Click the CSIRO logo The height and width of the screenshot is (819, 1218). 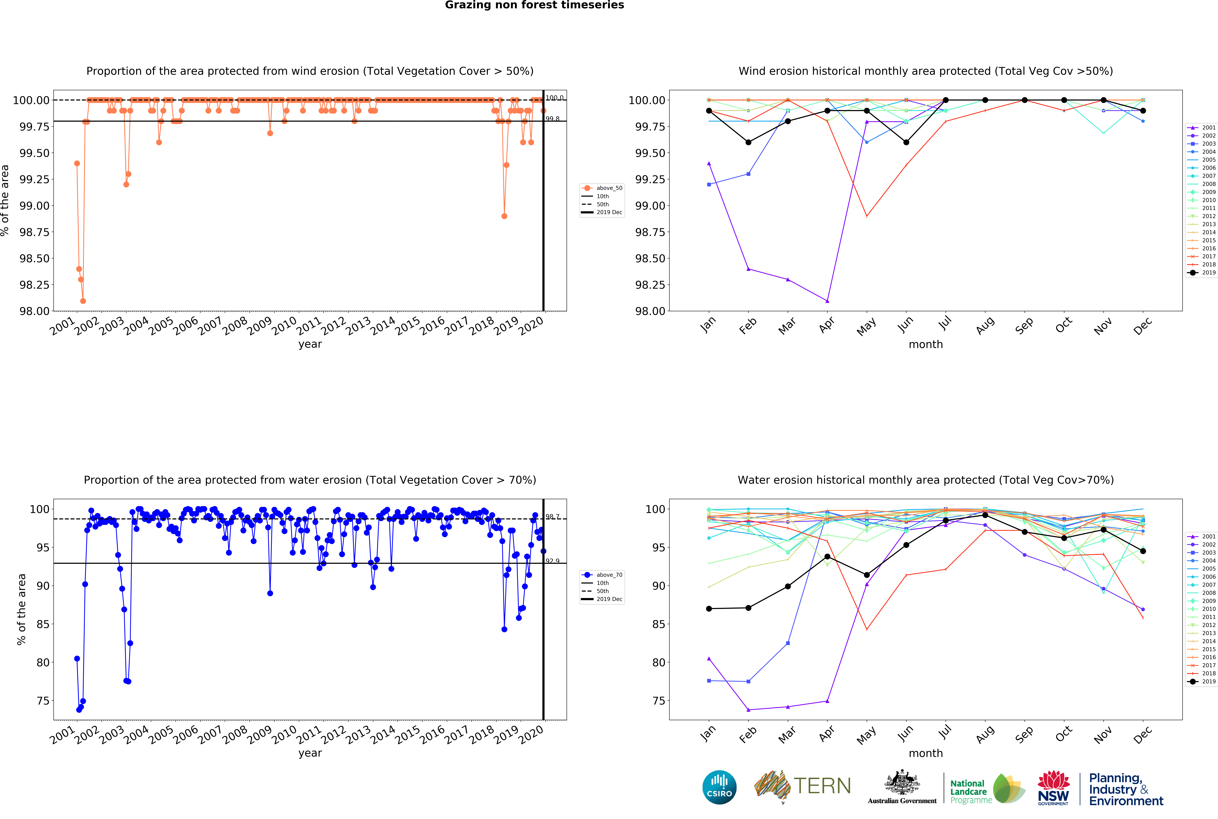[x=719, y=787]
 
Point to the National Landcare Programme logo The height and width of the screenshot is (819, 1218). [x=987, y=789]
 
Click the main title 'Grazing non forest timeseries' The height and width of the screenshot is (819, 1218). [x=534, y=5]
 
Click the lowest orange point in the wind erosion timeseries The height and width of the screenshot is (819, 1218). [x=83, y=301]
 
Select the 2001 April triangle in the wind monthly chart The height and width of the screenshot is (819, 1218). [x=827, y=301]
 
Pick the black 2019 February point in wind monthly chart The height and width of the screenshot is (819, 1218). [x=748, y=142]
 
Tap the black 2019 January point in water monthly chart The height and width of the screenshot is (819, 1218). [x=708, y=609]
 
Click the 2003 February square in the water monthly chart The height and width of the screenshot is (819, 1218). [x=748, y=681]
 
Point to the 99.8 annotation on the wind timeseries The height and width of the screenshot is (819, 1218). [x=552, y=119]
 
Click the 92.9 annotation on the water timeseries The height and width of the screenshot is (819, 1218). [x=552, y=561]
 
